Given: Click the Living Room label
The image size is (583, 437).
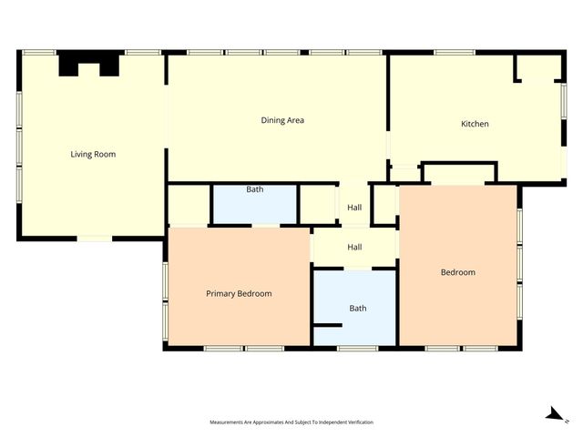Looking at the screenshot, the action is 93,154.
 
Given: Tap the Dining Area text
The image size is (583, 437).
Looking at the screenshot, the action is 282,120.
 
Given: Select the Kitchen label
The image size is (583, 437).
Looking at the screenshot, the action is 475,124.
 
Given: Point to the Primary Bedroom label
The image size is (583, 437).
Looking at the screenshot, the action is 239,293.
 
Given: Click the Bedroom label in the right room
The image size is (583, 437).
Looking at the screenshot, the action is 458,272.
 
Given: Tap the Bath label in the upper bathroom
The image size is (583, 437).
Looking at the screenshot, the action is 255,189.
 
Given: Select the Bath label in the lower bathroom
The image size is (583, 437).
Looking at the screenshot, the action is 358,308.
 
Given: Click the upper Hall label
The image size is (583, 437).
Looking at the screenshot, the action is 354,208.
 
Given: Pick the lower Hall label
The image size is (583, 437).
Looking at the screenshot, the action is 354,247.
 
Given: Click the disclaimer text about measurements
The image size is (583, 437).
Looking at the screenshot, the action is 291,422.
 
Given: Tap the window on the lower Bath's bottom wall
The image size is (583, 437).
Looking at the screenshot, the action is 357,348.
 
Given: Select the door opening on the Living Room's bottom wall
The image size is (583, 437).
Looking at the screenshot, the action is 95,239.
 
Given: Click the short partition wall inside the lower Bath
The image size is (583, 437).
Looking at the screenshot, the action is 328,326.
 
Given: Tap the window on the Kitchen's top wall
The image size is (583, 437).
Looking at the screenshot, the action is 455,53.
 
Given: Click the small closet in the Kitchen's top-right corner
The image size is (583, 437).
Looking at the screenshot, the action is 539,67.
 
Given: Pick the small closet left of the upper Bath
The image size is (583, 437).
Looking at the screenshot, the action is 189,205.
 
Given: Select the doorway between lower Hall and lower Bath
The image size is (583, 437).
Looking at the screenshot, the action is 358,269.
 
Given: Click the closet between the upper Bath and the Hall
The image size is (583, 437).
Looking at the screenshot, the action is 318,205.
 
